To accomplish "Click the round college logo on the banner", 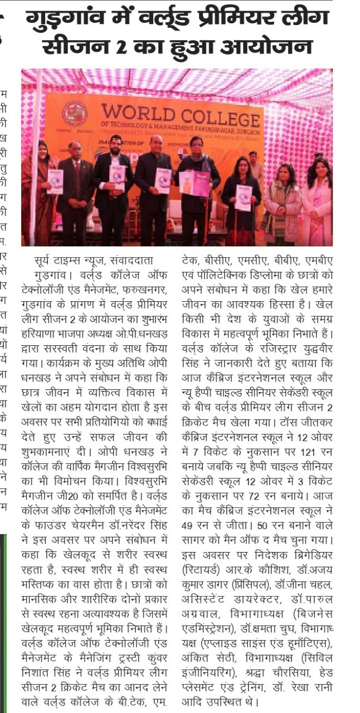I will pos(74,114).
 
